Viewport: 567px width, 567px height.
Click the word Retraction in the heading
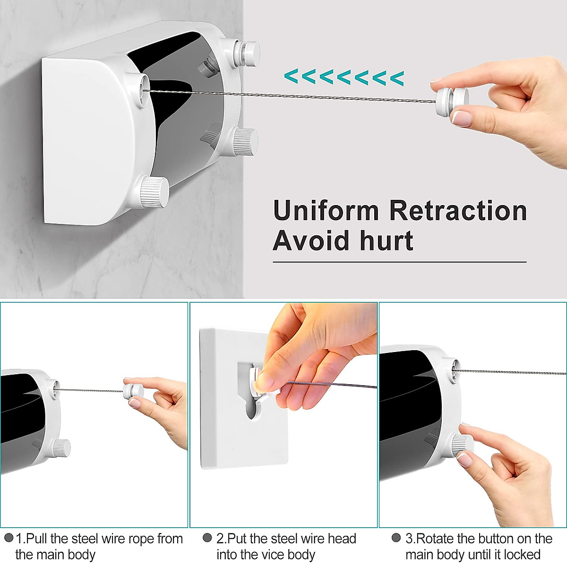pos(458,211)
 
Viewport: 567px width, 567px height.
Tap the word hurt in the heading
pos(387,241)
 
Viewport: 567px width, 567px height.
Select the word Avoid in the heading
pos(312,241)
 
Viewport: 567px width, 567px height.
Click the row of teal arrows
pos(344,77)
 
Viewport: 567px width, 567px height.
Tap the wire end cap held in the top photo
pos(449,100)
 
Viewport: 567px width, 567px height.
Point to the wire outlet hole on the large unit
pos(142,88)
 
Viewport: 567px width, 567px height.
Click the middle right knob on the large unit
pos(245,142)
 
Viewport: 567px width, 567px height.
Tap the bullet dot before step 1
pos(9,538)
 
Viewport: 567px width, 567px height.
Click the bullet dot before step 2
pos(207,538)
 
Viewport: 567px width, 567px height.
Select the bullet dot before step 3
pos(396,538)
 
